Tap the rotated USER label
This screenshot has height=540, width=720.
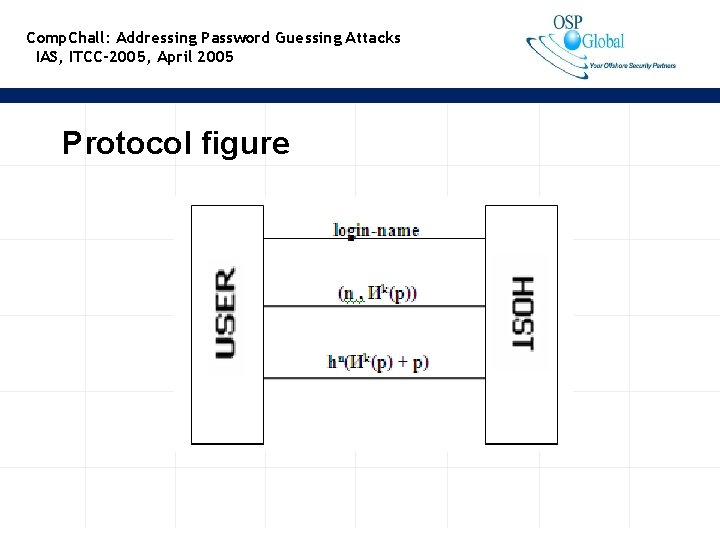click(x=227, y=312)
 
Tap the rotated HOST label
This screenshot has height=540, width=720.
click(x=522, y=312)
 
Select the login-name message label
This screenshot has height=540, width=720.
click(x=376, y=230)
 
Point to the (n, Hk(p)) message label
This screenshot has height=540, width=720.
click(x=377, y=293)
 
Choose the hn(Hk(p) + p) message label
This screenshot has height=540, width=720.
click(x=378, y=362)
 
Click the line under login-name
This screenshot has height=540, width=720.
click(x=374, y=239)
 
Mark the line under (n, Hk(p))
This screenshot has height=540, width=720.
click(x=374, y=306)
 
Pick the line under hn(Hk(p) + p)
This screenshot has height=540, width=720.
click(x=374, y=377)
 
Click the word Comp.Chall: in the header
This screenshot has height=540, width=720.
click(x=68, y=38)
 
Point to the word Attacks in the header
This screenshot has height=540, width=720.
click(x=373, y=38)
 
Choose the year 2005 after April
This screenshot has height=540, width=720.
click(x=215, y=57)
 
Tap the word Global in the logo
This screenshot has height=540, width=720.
click(x=603, y=41)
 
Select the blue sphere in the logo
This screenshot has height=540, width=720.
click(x=572, y=40)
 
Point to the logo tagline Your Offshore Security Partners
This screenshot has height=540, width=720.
click(x=632, y=66)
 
